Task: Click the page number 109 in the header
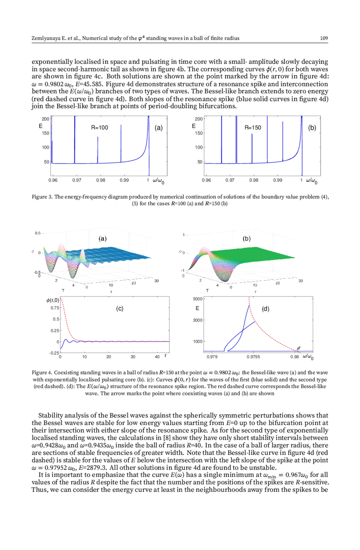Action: pyautogui.click(x=324, y=38)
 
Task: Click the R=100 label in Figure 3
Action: pyautogui.click(x=100, y=128)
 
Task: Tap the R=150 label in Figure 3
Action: pyautogui.click(x=253, y=128)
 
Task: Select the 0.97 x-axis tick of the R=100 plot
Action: pyautogui.click(x=77, y=180)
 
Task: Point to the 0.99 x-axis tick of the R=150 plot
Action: pyautogui.click(x=277, y=180)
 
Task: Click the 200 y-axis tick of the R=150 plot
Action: pyautogui.click(x=199, y=119)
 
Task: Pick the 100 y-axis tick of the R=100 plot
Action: pyautogui.click(x=45, y=147)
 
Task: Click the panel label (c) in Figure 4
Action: pyautogui.click(x=120, y=309)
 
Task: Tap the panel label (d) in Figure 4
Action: pyautogui.click(x=265, y=309)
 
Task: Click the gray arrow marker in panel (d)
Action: pyautogui.click(x=298, y=348)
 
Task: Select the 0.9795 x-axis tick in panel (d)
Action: pyautogui.click(x=253, y=357)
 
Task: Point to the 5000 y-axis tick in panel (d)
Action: pyautogui.click(x=198, y=299)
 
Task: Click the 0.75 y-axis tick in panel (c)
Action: pyautogui.click(x=55, y=308)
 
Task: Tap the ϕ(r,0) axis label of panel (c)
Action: pyautogui.click(x=53, y=300)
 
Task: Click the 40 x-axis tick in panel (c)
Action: pyautogui.click(x=157, y=357)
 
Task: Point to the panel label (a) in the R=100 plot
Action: pyautogui.click(x=159, y=128)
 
